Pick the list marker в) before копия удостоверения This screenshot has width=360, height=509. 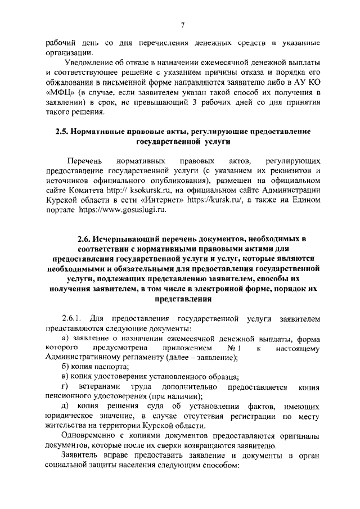(x=65, y=377)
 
